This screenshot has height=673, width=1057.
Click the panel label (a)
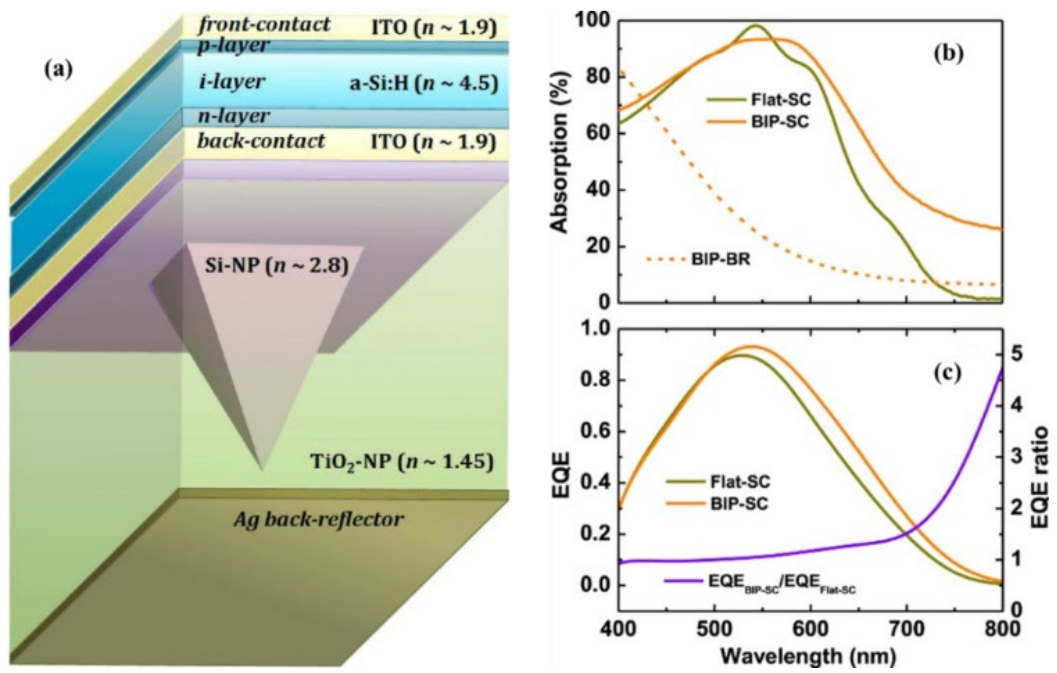[x=59, y=70]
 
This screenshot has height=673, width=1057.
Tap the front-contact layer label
[x=264, y=24]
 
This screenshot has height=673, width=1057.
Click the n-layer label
[x=233, y=116]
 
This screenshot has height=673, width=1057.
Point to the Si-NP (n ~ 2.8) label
[x=276, y=266]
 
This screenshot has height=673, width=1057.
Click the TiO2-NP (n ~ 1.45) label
[x=402, y=462]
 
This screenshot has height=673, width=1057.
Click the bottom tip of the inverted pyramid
[x=262, y=470]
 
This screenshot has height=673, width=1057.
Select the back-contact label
[x=261, y=141]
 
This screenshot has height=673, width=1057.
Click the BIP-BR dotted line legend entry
[x=698, y=259]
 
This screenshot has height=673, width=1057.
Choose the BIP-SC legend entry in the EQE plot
[x=717, y=503]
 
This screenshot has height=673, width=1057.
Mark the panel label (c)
[x=948, y=372]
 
